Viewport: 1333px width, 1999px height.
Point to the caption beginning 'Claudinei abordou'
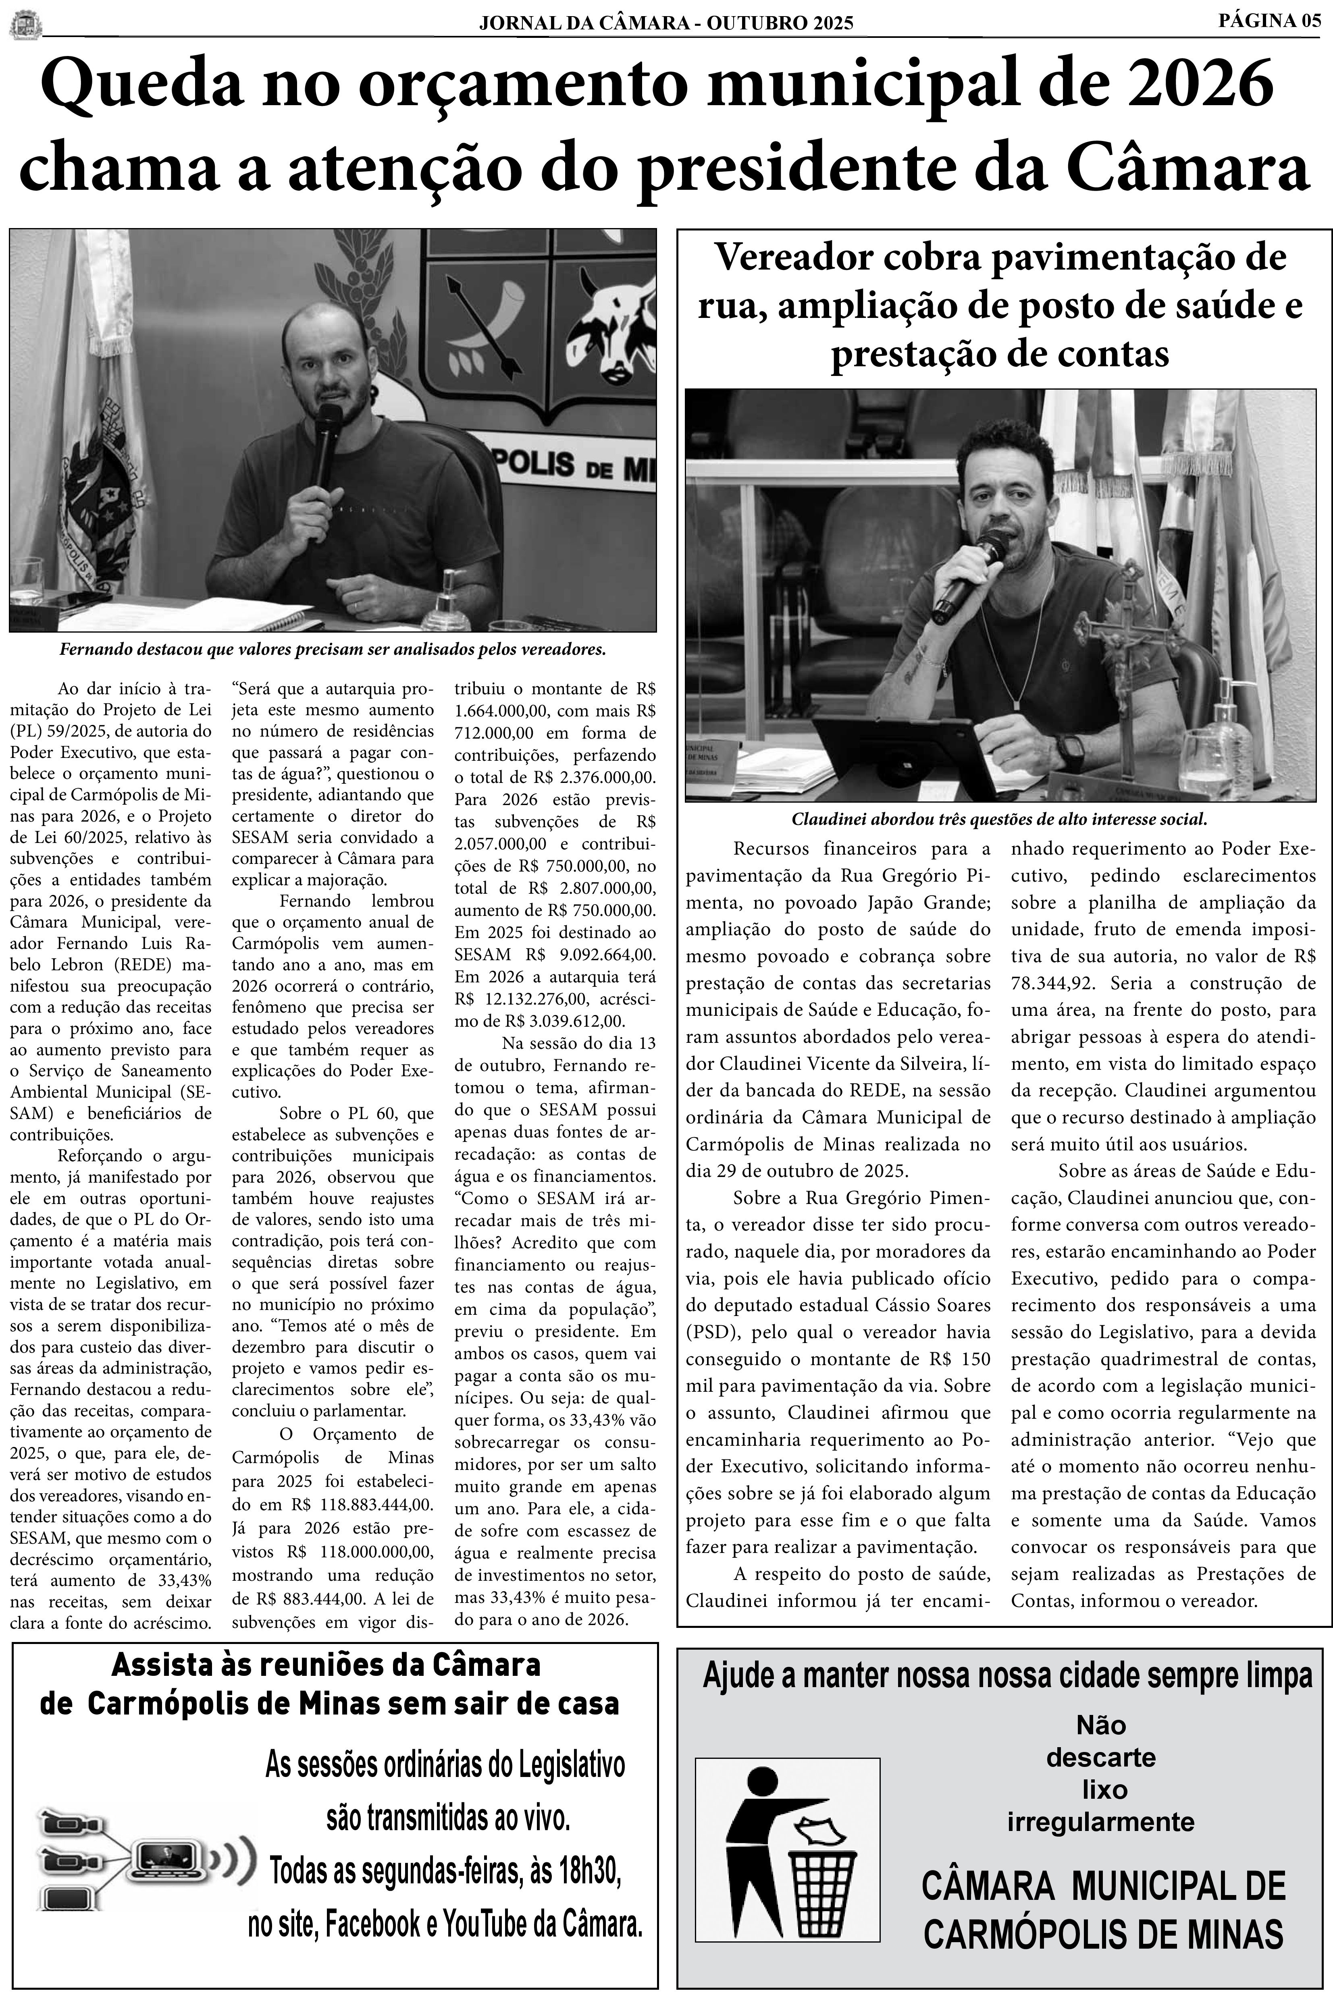pyautogui.click(x=1000, y=820)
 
